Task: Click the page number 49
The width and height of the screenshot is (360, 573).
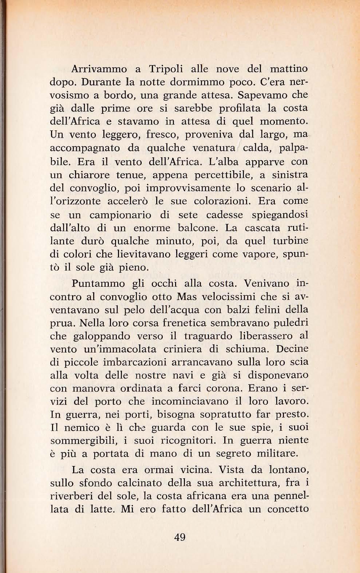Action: point(180,537)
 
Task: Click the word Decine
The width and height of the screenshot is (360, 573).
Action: point(292,349)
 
